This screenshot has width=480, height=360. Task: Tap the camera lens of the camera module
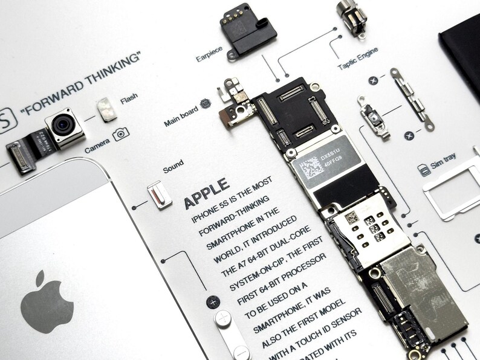pyautogui.click(x=62, y=125)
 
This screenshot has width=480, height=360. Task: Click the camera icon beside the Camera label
pyautogui.click(x=121, y=133)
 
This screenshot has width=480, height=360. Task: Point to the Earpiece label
pyautogui.click(x=209, y=54)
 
